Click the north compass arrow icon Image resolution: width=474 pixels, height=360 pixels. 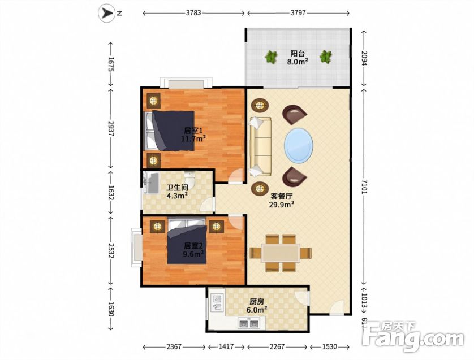(x=107, y=14)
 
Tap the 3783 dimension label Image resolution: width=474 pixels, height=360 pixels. (x=193, y=13)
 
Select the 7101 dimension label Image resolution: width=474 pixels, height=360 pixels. (x=364, y=187)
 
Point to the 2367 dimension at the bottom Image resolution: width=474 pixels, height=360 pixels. (x=174, y=346)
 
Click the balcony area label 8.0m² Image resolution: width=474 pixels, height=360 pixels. (x=298, y=62)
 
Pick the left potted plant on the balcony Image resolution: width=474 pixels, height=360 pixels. (x=271, y=57)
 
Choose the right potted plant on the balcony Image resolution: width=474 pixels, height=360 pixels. (x=326, y=57)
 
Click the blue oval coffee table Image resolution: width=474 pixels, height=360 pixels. (x=298, y=146)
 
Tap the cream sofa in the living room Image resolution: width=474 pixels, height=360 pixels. (x=260, y=146)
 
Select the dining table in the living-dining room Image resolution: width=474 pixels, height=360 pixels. (x=281, y=253)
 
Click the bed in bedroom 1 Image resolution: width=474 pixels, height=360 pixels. (x=169, y=131)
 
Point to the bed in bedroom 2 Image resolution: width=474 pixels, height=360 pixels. (x=187, y=241)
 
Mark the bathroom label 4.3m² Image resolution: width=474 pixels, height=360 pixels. (x=177, y=196)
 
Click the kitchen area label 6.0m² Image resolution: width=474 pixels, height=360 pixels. (x=257, y=310)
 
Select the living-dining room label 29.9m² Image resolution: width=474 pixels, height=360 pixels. (x=282, y=205)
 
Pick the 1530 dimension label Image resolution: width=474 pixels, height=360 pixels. (x=329, y=346)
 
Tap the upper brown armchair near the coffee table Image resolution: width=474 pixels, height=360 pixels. (x=294, y=114)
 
